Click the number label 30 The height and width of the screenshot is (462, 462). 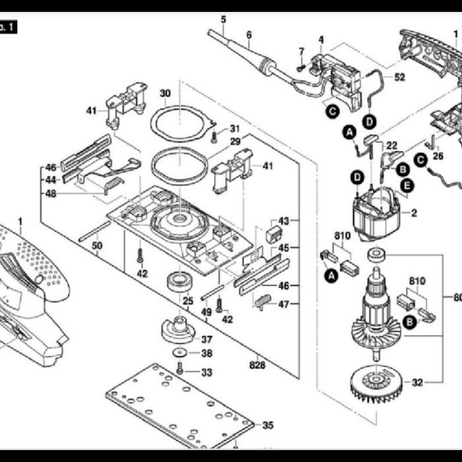[x=165, y=93]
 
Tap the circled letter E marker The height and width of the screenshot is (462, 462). [x=407, y=186]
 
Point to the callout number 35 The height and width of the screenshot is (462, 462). [x=267, y=426]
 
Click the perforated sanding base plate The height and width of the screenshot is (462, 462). [x=178, y=403]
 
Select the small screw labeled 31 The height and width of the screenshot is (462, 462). [x=214, y=137]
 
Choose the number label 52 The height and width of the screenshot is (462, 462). [x=400, y=77]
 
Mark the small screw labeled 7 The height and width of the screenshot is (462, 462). [x=300, y=66]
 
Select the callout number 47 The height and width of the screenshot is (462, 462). [x=284, y=304]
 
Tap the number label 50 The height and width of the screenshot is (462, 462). [x=97, y=246]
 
